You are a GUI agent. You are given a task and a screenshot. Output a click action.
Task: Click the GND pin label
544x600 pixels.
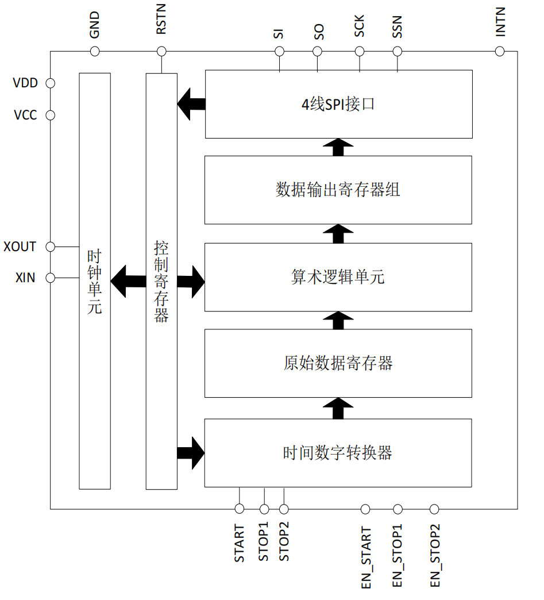point(94,25)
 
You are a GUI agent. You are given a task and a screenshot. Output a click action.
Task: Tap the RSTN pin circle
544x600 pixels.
point(161,51)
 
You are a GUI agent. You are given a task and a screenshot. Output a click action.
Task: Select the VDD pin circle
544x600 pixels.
point(50,83)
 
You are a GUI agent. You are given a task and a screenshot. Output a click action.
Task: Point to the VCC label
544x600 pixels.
point(25,115)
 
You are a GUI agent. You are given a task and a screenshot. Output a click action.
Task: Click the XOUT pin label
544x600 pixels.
point(20,247)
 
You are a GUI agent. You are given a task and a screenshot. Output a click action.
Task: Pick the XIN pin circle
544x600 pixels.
point(50,278)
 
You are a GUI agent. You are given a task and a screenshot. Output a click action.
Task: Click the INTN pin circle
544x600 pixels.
point(500,51)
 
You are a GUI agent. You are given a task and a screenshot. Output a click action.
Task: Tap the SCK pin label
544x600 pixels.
point(359,26)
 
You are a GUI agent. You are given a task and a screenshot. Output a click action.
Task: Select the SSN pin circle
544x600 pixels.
point(398,51)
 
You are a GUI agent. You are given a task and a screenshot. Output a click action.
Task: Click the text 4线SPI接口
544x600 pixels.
point(338,104)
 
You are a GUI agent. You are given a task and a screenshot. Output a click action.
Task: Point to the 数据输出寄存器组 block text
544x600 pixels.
point(338,190)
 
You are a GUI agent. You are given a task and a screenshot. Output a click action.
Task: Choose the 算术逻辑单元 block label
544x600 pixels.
point(338,276)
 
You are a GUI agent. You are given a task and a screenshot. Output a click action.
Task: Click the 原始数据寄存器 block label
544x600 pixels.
point(338,363)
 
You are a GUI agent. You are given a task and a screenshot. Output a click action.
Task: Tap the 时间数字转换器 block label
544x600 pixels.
point(338,453)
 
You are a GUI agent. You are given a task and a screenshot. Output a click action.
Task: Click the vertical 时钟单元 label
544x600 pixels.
point(94,282)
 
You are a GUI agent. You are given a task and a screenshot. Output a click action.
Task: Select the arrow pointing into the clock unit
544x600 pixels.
point(128,281)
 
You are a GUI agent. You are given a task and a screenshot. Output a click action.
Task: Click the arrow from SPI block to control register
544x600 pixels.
point(191,104)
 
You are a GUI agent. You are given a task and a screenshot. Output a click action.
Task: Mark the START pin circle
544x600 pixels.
point(240,509)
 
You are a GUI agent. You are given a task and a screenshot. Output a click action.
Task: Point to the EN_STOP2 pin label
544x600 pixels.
point(435,556)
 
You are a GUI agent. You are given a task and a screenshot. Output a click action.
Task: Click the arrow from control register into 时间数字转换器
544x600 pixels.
point(191,453)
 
